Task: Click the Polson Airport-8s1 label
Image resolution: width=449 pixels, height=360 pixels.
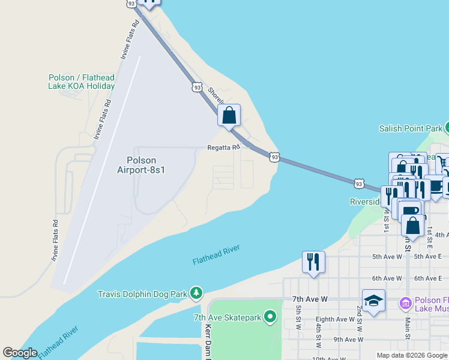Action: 141,165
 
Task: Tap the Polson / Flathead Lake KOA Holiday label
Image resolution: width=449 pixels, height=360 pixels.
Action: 82,82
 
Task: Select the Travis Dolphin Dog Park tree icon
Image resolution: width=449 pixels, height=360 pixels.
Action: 196,293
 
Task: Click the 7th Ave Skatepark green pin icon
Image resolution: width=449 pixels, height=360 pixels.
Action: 270,316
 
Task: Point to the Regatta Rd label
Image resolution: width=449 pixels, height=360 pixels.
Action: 223,146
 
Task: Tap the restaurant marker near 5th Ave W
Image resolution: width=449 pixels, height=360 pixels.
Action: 313,262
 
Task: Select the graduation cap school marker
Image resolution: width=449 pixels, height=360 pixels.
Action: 373,300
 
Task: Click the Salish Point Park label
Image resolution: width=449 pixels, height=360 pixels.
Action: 411,128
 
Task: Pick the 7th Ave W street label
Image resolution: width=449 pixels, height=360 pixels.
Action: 309,298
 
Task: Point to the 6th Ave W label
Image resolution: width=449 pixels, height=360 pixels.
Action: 387,278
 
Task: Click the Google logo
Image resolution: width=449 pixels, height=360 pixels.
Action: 20,353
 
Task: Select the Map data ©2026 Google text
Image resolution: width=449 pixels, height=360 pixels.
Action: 412,355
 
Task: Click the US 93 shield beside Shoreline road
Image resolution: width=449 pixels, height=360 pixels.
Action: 197,87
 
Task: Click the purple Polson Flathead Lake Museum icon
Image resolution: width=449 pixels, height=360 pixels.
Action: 405,304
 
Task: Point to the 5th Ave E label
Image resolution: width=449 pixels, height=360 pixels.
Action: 427,256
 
